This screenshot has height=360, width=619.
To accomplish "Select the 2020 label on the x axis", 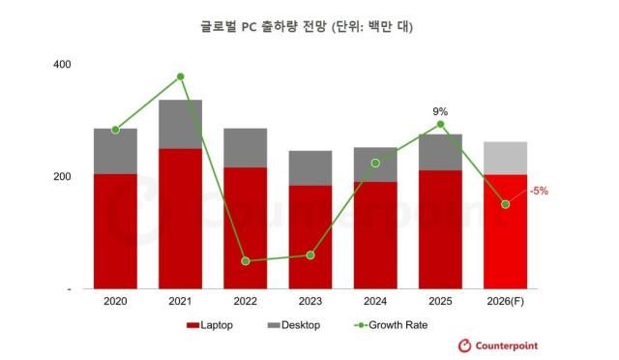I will click(x=115, y=302).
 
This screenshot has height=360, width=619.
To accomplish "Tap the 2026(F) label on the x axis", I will click(x=505, y=302).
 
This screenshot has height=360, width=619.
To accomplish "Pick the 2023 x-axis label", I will click(x=309, y=302).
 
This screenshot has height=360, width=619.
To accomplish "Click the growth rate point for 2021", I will click(x=181, y=76).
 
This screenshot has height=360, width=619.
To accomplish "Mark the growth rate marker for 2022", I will click(x=246, y=261).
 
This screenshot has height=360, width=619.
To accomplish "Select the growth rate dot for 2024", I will click(x=375, y=163).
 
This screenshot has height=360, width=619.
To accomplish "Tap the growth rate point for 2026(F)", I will click(x=505, y=204).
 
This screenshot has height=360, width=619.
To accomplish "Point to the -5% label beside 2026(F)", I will click(x=539, y=191).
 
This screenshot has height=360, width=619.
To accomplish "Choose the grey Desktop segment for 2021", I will click(x=181, y=124).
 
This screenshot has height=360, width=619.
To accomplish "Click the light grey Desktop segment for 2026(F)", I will click(x=505, y=158).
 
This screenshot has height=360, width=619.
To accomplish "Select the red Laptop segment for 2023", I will click(x=309, y=237).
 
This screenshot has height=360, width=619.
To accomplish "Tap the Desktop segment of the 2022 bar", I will click(x=246, y=147).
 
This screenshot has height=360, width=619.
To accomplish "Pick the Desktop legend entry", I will click(x=293, y=325).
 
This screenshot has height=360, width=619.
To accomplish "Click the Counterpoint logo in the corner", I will click(x=497, y=345).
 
